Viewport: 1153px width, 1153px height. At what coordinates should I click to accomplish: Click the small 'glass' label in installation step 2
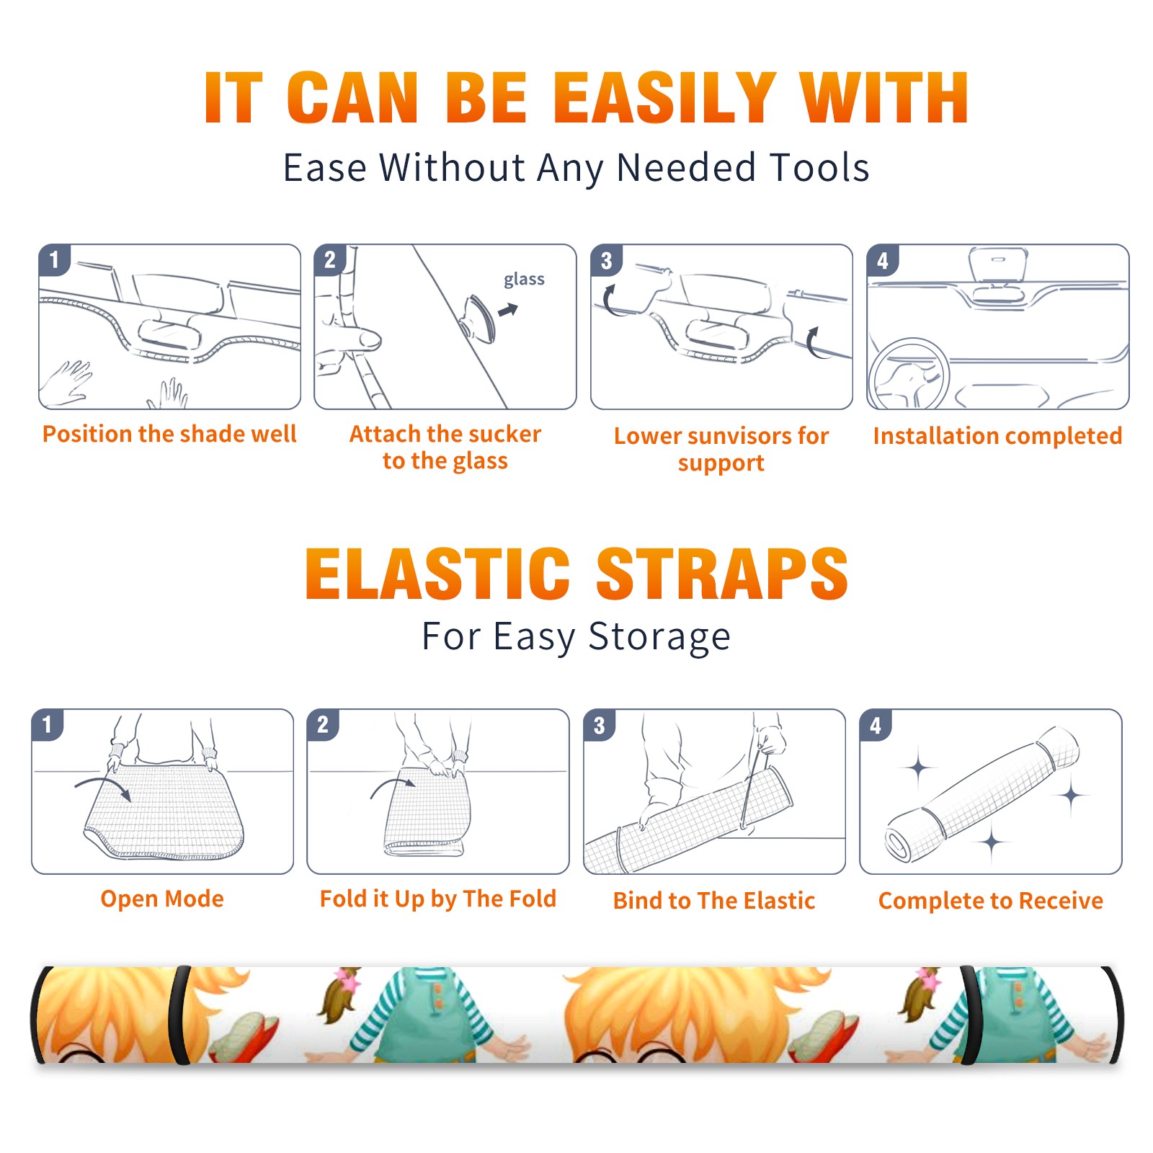click(x=524, y=280)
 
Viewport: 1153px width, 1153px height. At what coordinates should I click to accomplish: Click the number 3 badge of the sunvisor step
click(x=606, y=260)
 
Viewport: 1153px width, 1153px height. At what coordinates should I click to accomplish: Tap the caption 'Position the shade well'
click(x=169, y=434)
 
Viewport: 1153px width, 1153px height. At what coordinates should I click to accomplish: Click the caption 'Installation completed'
click(x=997, y=435)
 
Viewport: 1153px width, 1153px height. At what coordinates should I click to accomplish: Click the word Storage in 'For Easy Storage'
click(x=659, y=637)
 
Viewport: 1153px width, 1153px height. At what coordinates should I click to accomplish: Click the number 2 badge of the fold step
click(x=323, y=724)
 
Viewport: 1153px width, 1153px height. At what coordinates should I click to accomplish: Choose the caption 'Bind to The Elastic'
click(x=713, y=900)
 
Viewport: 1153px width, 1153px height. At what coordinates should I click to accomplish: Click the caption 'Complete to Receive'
click(x=991, y=901)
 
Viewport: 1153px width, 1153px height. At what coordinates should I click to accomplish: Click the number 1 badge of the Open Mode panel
click(x=48, y=724)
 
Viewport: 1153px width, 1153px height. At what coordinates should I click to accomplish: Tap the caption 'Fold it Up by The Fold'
click(x=438, y=899)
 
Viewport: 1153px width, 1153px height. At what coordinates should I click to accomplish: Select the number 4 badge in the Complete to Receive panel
click(x=876, y=725)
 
